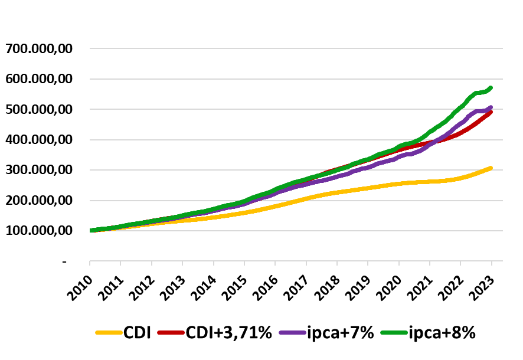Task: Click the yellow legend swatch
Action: coord(109,333)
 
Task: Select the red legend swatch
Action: coord(171,333)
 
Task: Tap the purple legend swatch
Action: coord(292,333)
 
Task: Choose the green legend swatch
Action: coord(394,333)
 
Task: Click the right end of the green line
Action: coord(491,88)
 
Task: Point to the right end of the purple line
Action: coord(491,107)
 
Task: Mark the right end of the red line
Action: coord(491,112)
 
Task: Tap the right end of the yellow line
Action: coord(491,168)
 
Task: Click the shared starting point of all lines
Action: coord(90,230)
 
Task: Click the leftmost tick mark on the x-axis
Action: coord(90,263)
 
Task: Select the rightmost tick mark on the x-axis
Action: coord(492,263)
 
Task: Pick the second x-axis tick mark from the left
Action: coord(120,263)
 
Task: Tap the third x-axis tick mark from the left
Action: coord(152,263)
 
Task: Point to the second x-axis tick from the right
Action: coord(460,263)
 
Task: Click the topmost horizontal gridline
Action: coord(295,48)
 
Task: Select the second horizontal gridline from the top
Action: coord(295,78)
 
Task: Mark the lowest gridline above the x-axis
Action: coord(295,231)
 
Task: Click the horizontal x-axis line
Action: coord(295,261)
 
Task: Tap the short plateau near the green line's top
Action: coord(480,93)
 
